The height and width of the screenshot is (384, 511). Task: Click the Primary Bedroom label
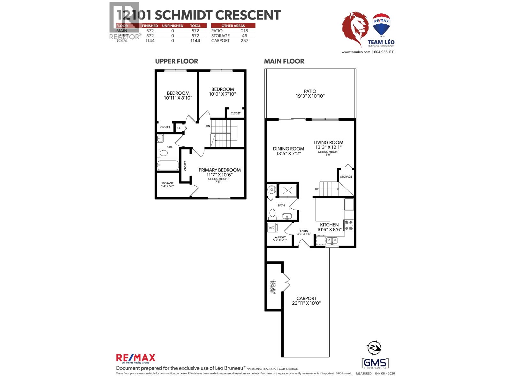coord(219,170)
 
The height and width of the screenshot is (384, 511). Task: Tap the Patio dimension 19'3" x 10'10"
coord(310,96)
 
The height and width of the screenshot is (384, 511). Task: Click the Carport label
coord(306,298)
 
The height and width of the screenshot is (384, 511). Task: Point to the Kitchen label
coord(329,225)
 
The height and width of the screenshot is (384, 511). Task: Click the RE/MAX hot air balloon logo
coord(383,25)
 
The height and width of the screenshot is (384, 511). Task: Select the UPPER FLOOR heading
coord(176,61)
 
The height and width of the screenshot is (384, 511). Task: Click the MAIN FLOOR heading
coord(284,61)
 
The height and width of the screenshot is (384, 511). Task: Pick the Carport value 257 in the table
coord(244,41)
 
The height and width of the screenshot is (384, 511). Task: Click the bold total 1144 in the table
coord(195,41)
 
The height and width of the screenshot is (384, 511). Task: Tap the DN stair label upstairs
coord(208,126)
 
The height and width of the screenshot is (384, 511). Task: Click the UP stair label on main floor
coord(317,189)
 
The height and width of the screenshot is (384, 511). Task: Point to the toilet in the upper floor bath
coord(163,153)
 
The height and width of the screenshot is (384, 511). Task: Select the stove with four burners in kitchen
coord(348,225)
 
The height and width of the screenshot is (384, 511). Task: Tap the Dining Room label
coord(288,148)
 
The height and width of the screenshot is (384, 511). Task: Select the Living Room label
coord(328,142)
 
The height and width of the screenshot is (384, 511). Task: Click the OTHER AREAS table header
coord(233,26)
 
